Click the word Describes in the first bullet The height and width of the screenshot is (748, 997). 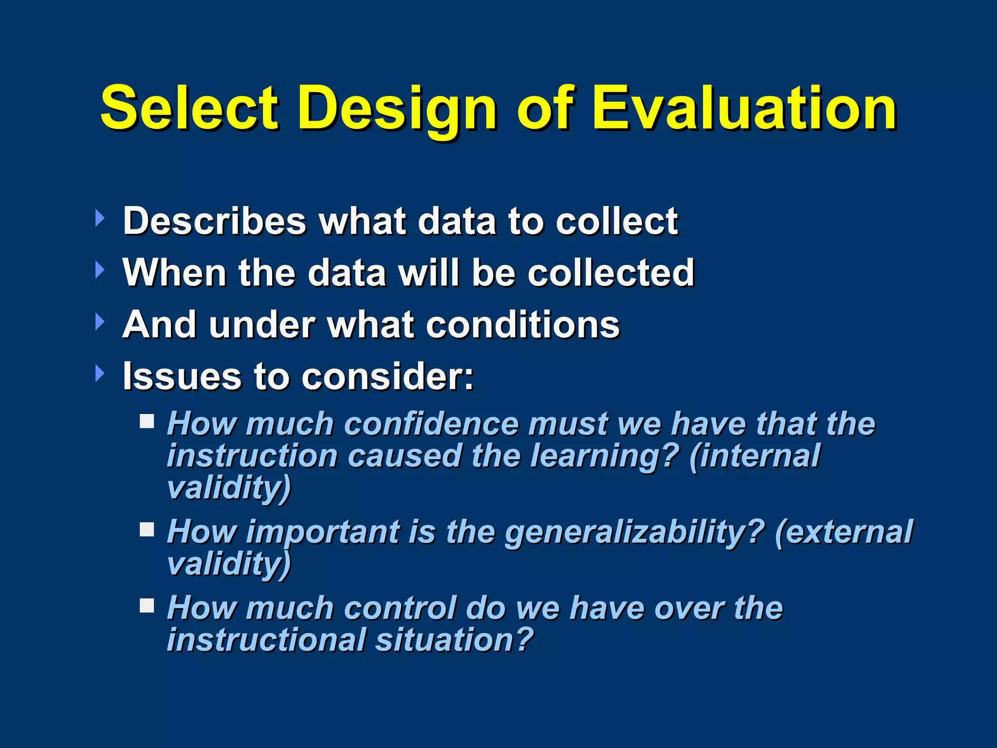(214, 221)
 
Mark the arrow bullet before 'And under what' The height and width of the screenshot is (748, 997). (100, 322)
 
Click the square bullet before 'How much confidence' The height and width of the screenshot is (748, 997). (147, 421)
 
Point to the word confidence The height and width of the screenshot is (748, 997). (431, 424)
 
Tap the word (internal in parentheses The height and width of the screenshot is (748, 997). (755, 456)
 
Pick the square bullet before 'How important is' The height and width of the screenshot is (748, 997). (147, 529)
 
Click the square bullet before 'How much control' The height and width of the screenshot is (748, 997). (147, 606)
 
